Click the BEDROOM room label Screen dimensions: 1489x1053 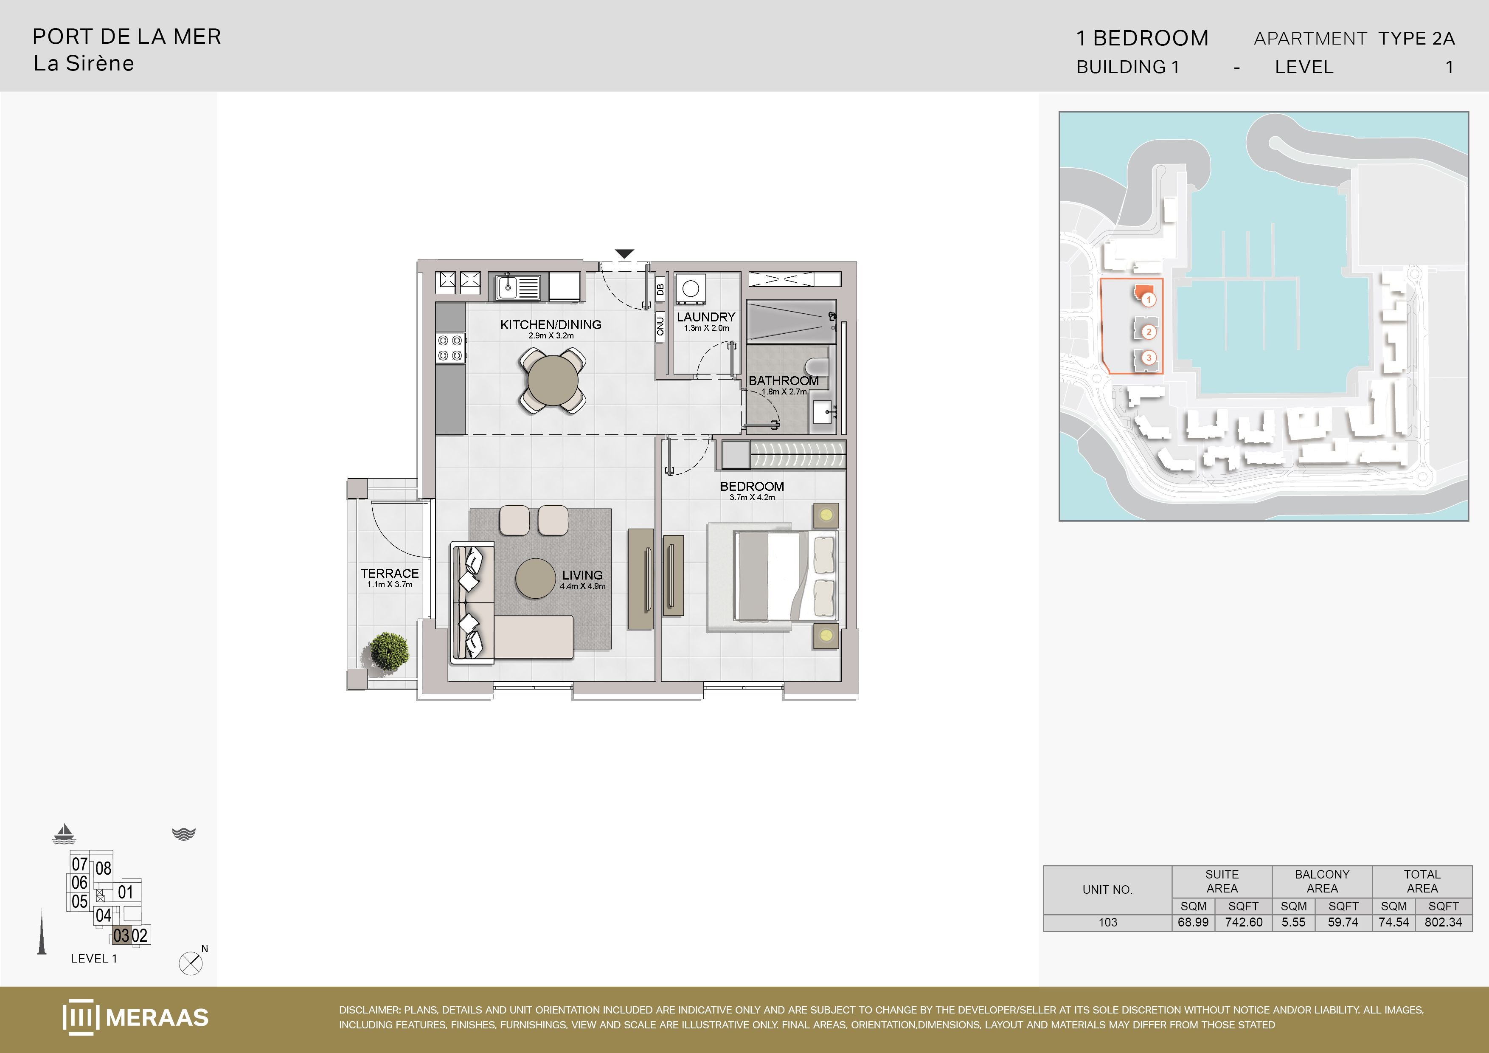[x=752, y=487]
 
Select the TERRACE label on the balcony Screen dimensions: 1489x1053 [x=390, y=574]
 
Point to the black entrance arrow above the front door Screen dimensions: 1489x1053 [x=624, y=253]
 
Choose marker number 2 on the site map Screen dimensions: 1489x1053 [x=1149, y=332]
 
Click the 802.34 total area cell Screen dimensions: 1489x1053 [x=1443, y=922]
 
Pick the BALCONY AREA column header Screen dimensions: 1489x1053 [x=1322, y=881]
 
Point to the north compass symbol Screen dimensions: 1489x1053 [x=191, y=963]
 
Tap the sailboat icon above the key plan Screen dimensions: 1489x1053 [x=64, y=834]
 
